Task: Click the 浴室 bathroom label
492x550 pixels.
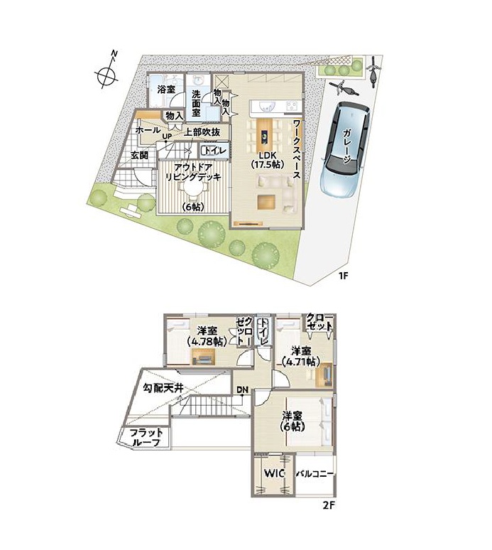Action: click(166, 89)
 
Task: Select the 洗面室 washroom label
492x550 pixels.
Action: click(196, 104)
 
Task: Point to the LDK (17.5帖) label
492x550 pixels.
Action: click(267, 159)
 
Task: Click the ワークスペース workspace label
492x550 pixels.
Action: click(297, 150)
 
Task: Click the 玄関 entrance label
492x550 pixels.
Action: click(139, 155)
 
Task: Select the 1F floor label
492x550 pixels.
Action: click(343, 275)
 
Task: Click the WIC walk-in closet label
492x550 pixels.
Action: click(274, 473)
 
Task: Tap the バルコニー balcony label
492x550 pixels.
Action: click(315, 474)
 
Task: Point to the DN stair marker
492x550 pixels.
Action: click(242, 389)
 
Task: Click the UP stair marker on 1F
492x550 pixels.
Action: click(166, 136)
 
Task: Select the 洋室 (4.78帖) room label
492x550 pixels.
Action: click(207, 335)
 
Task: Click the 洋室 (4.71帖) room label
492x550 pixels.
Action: click(301, 356)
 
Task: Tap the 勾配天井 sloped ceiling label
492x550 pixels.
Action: click(163, 388)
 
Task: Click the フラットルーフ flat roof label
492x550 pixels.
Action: click(146, 437)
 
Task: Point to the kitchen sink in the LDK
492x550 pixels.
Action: click(265, 107)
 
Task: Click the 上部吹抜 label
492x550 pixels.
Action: click(202, 132)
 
